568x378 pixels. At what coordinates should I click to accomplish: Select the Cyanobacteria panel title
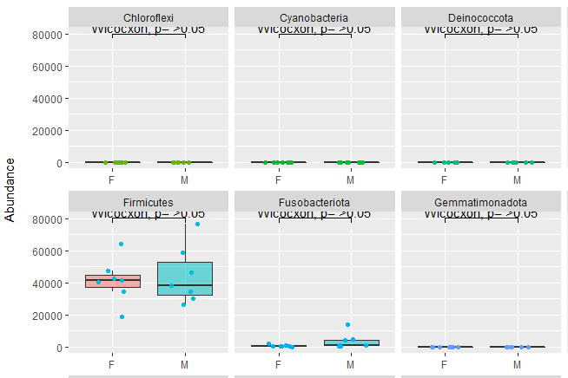314,17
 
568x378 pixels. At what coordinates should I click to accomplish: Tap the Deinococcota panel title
480,17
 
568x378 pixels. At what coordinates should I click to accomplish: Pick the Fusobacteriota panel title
314,202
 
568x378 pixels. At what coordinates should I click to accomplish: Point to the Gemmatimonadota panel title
480,202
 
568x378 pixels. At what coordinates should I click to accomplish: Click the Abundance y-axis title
10,190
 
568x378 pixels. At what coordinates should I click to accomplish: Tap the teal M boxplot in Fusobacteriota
350,343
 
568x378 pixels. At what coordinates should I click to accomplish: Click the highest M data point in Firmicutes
197,225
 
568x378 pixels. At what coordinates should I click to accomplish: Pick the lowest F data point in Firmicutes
122,316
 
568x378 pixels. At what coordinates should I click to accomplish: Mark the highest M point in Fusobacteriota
347,325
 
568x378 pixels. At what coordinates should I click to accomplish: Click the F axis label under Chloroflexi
111,179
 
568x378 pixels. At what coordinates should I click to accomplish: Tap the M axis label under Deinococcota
517,179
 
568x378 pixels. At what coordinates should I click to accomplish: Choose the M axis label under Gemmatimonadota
517,364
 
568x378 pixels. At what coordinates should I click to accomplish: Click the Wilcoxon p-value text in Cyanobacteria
314,29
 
